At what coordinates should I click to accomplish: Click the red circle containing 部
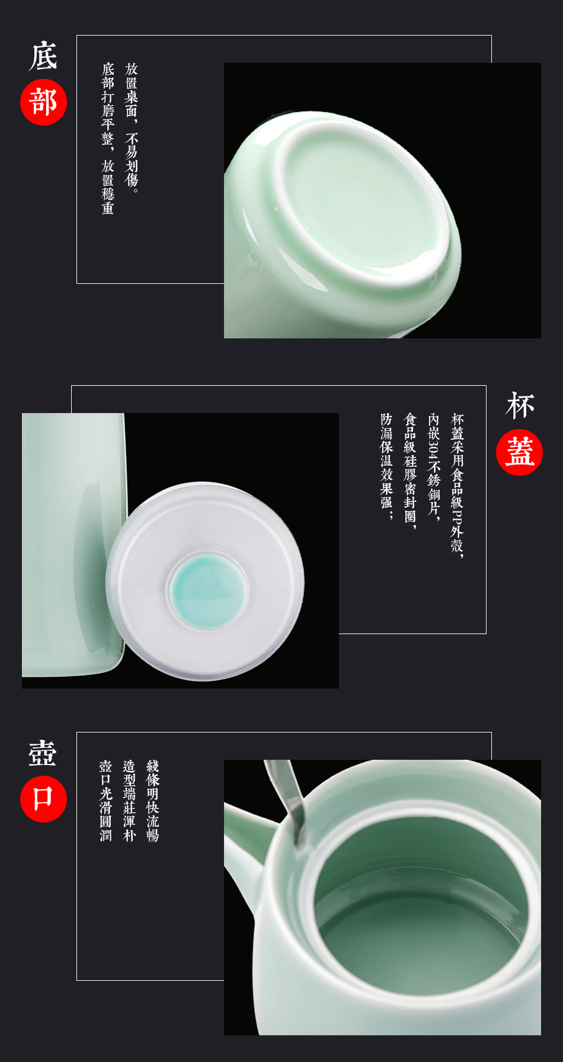click(43, 102)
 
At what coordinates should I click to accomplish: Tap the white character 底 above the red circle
click(43, 56)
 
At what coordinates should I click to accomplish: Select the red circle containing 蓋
click(519, 452)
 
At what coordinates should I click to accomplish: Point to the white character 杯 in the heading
click(520, 406)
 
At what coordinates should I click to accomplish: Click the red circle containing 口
click(43, 799)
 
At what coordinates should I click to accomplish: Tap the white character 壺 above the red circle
click(43, 753)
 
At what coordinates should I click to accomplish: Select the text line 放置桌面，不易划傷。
click(132, 128)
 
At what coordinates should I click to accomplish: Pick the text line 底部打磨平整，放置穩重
click(108, 138)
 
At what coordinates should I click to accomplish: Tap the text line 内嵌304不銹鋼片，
click(434, 468)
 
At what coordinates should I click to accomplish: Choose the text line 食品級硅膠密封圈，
click(410, 471)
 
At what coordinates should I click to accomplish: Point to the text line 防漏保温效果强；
click(386, 466)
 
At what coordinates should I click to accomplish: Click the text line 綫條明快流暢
click(153, 801)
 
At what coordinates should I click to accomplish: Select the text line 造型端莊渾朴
click(129, 801)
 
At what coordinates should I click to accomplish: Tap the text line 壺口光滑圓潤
click(105, 801)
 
